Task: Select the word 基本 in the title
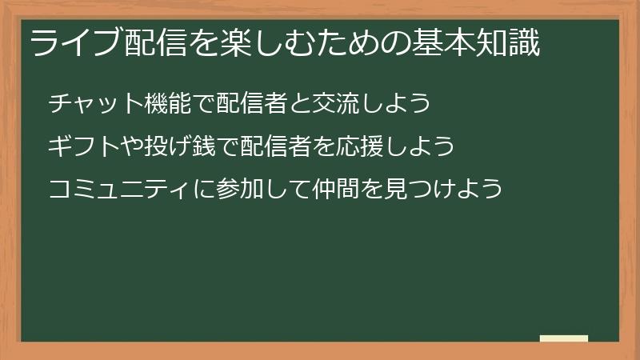pos(440,42)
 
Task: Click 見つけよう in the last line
pos(444,190)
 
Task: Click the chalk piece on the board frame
pos(564,339)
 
